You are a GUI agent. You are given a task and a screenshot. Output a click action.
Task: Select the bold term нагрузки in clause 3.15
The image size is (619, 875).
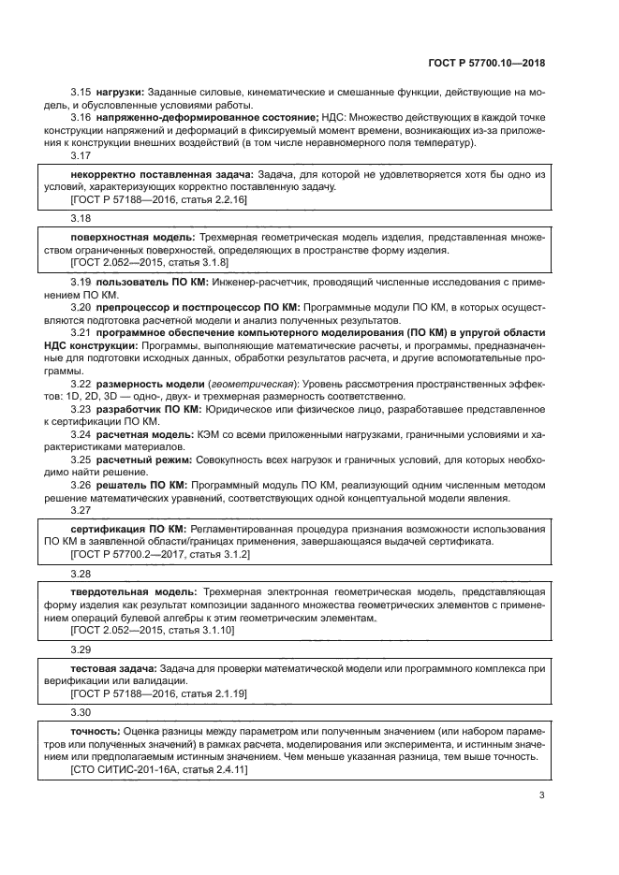(118, 91)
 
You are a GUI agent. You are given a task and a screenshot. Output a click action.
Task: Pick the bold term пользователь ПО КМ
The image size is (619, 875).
(150, 282)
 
